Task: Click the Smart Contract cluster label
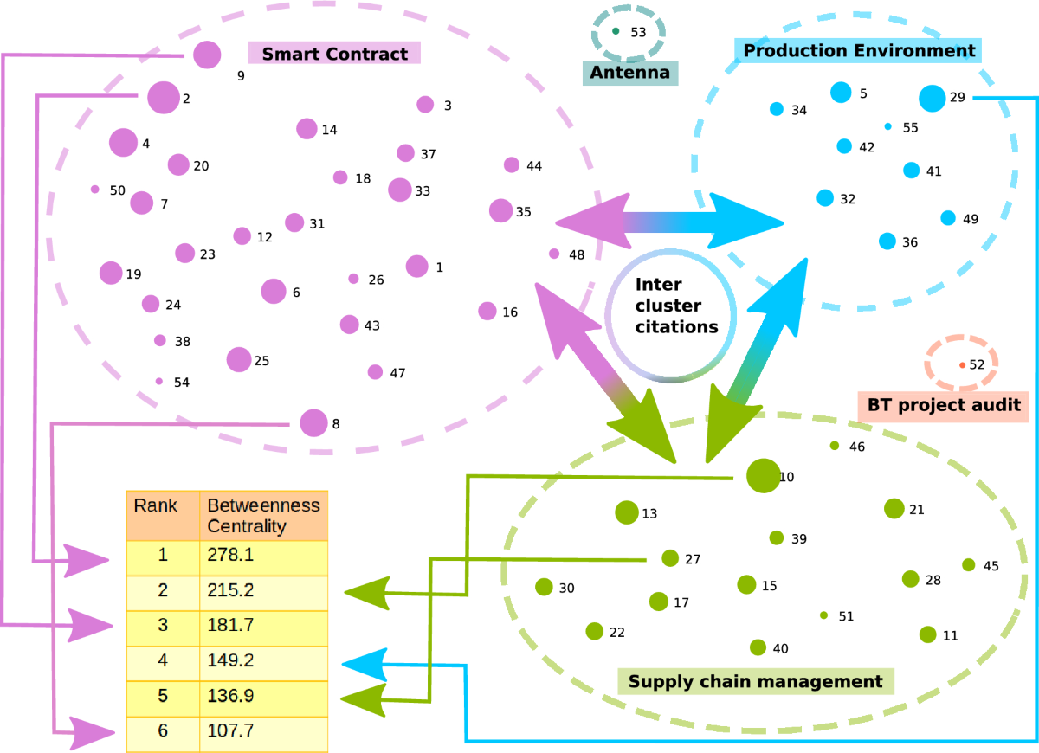tap(334, 54)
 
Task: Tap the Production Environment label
tap(859, 50)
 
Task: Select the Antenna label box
tap(629, 73)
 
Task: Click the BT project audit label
tap(945, 404)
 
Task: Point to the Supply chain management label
tap(755, 681)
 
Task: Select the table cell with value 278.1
tap(264, 555)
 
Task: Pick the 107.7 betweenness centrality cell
tap(264, 730)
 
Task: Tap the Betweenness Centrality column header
tap(264, 516)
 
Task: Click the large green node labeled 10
tap(762, 476)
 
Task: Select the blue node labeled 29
tap(932, 98)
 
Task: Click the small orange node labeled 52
tap(962, 365)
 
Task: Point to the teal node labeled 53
tap(616, 31)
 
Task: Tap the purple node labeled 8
tap(313, 423)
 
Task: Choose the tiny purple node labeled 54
tap(158, 381)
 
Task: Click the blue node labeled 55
tap(887, 127)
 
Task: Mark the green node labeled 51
tap(823, 615)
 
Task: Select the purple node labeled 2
tap(162, 98)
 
